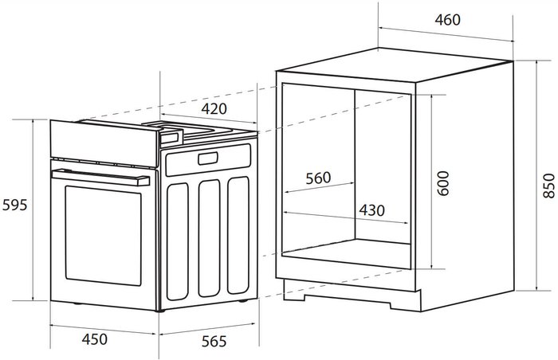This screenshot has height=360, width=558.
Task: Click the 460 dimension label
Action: [x=447, y=20]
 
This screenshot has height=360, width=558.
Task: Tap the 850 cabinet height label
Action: [x=549, y=186]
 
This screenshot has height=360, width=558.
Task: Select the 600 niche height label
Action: [x=443, y=183]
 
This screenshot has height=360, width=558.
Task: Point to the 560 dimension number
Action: [x=318, y=178]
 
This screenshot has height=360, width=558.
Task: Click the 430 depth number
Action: [x=371, y=210]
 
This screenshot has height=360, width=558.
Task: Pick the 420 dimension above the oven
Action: [x=214, y=109]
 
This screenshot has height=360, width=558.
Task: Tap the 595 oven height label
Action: [x=14, y=205]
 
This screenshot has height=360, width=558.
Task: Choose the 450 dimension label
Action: [x=94, y=339]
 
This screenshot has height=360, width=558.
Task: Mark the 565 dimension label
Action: [x=214, y=342]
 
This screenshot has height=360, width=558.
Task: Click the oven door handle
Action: [x=100, y=177]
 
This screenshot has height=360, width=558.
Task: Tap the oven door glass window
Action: [x=103, y=236]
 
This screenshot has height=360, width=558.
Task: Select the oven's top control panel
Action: [x=104, y=143]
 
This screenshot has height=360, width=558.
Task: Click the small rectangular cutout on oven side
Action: [x=208, y=158]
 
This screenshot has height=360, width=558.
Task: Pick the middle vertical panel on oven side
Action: [x=209, y=238]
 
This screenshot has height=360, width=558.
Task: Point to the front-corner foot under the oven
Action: [x=160, y=311]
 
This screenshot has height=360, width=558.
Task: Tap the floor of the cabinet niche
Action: [x=347, y=253]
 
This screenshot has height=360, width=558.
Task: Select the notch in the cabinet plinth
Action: [x=348, y=299]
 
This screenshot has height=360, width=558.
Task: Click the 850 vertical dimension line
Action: [x=536, y=175]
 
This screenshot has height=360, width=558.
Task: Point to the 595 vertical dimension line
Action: [x=33, y=210]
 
